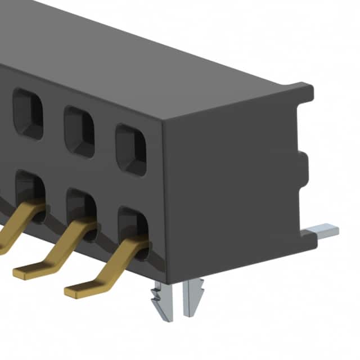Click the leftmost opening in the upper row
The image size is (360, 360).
coord(28,114)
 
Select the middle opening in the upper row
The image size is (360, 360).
coord(79,132)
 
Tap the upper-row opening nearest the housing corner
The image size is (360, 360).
coord(130,150)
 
